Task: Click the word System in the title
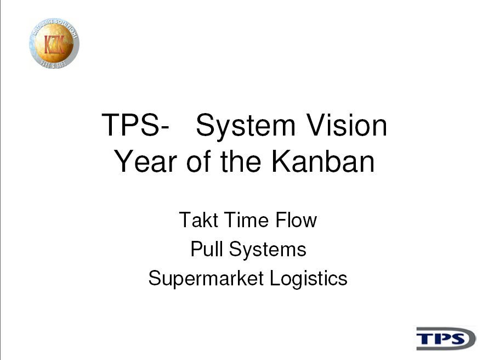pos(246,126)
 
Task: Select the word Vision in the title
pos(347,125)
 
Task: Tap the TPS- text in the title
pos(135,125)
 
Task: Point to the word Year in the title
pos(145,161)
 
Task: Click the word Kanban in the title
pos(323,161)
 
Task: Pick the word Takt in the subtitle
pos(198,220)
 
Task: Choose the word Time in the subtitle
pos(246,220)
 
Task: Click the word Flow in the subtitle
pos(296,220)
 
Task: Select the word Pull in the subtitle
pos(207,249)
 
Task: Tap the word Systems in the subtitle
pos(268,250)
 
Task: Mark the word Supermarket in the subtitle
pos(206,279)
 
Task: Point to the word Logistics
pos(309,279)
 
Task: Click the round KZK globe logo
pos(54,43)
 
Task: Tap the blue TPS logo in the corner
pos(446,339)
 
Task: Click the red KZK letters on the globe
pos(54,44)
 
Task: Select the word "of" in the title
pos(200,161)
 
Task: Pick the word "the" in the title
pos(241,161)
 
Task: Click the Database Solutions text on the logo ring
pos(55,25)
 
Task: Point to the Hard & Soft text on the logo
pos(53,64)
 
